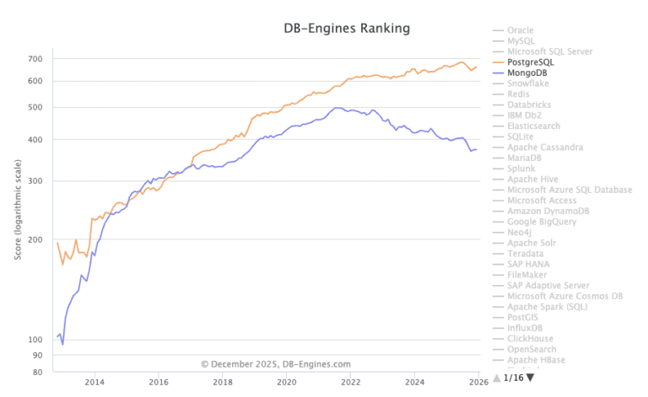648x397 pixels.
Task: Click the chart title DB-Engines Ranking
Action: click(346, 29)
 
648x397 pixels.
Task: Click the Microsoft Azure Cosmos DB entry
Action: click(564, 296)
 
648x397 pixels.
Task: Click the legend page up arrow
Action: click(496, 378)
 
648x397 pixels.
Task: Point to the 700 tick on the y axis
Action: click(35, 59)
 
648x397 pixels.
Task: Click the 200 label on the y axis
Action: click(35, 240)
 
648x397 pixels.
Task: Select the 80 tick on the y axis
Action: click(37, 372)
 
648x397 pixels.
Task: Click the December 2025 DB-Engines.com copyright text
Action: click(276, 364)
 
